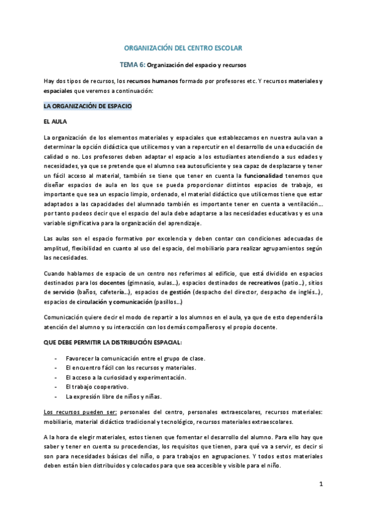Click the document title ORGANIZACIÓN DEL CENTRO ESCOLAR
(183, 48)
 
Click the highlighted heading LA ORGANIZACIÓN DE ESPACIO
(87, 106)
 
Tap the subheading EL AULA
(56, 122)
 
